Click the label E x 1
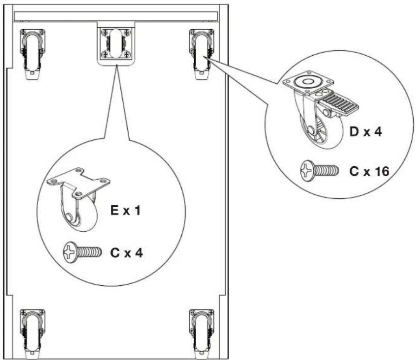point(125,211)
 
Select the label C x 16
point(369,171)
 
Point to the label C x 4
point(126,253)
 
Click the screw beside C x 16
point(319,171)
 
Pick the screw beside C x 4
point(82,252)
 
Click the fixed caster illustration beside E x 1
point(79,199)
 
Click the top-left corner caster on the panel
point(33,54)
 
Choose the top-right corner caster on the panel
point(202,54)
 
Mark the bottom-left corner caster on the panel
point(33,334)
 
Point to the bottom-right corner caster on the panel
point(202,334)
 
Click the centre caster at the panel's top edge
point(116,43)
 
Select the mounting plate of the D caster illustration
point(308,83)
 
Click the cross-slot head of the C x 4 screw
point(70,252)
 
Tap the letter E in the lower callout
point(114,211)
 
